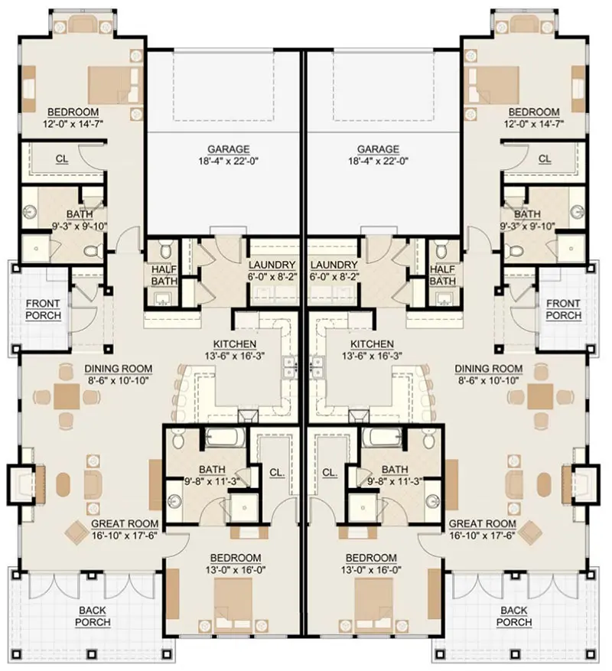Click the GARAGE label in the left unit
click(228, 149)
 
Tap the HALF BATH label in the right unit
click(442, 275)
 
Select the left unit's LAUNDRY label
click(272, 265)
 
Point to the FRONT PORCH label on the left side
click(44, 309)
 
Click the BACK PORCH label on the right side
click(514, 616)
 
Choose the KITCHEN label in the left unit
click(235, 344)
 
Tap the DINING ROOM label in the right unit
click(488, 369)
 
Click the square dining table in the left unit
click(67, 396)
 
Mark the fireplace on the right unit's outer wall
click(583, 484)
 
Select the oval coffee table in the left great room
click(63, 484)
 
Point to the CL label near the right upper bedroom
click(545, 159)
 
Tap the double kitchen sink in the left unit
click(289, 367)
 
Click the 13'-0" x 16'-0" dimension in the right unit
click(371, 570)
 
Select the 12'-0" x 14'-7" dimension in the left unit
click(73, 124)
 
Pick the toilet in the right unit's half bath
click(441, 249)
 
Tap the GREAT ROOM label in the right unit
click(482, 524)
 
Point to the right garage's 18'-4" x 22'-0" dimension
click(378, 161)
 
